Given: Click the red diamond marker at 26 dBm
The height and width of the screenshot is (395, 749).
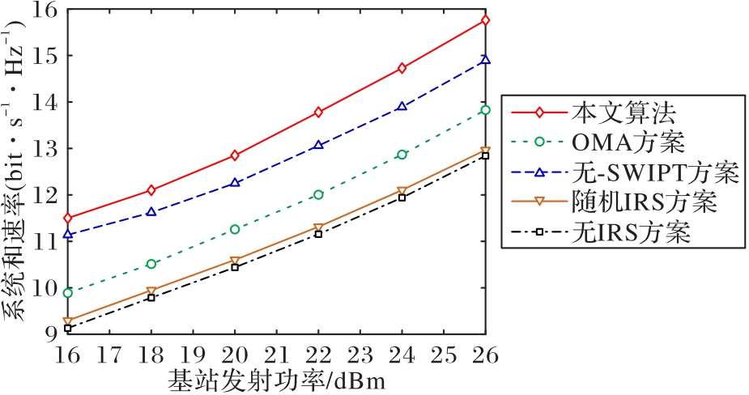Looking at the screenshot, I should tap(486, 20).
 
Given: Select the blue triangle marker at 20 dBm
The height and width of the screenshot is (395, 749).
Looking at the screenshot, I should tap(235, 183).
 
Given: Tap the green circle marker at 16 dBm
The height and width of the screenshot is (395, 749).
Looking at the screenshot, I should tap(68, 293).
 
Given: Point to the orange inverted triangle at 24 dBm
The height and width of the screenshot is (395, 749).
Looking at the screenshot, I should tap(402, 192).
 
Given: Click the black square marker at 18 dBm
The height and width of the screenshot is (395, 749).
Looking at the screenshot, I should tap(151, 298).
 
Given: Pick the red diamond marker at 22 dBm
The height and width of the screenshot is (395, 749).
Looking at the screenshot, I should tap(319, 112).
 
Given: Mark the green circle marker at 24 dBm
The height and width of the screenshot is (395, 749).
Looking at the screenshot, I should tap(402, 155).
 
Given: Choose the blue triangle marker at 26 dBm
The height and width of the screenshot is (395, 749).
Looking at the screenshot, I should tap(486, 60).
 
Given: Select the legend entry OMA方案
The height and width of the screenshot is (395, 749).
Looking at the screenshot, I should tap(627, 143).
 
